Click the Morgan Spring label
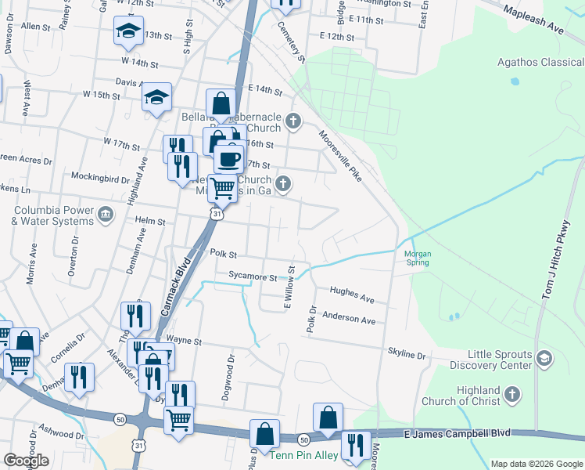pos(417,258)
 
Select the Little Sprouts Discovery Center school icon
pos(544,359)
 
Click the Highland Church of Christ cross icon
pos(511,395)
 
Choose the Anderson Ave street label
pos(350,320)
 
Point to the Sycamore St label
pos(253,277)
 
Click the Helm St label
pos(151,222)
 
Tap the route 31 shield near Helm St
pos(217,213)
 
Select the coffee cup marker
pos(229,158)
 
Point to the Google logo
pos(26,460)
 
